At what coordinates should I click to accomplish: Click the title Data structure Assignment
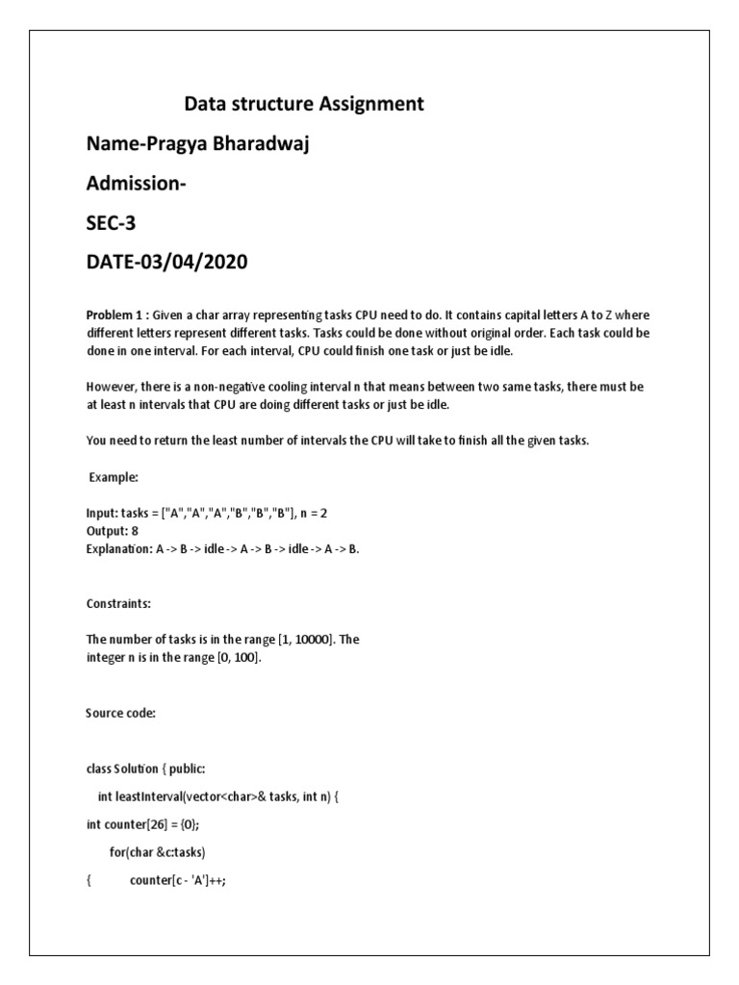[303, 104]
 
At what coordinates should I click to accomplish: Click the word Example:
[115, 477]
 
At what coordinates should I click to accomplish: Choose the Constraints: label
[119, 604]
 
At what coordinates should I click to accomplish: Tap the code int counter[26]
[125, 824]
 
